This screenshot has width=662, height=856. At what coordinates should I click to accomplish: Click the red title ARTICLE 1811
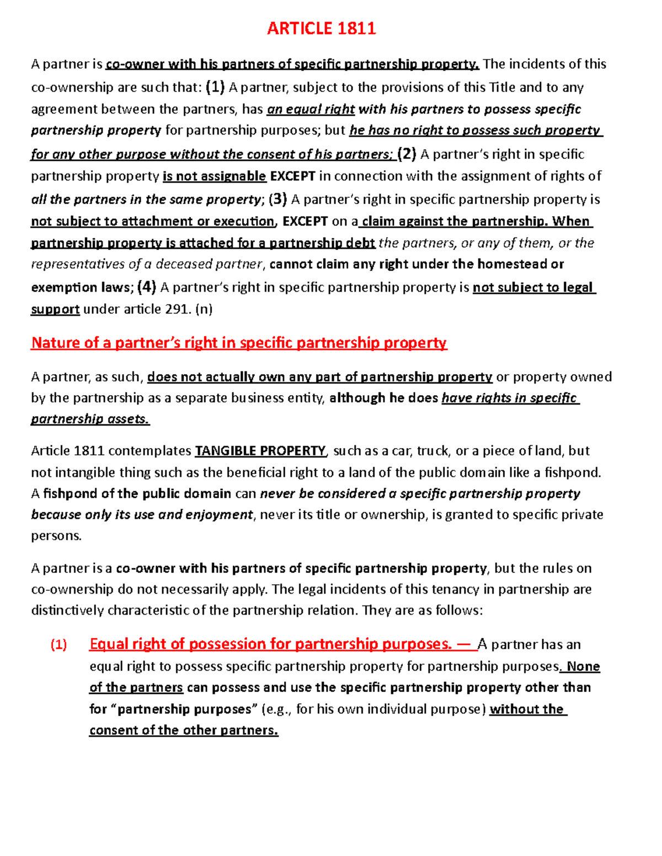321,29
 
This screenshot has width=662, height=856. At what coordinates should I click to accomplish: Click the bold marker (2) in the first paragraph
407,154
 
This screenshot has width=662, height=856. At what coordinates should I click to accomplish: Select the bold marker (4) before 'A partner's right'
147,287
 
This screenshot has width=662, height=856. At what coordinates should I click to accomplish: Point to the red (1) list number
58,645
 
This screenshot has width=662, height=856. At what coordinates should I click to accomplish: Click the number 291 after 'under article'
178,309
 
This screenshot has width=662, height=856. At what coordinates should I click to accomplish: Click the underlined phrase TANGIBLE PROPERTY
260,451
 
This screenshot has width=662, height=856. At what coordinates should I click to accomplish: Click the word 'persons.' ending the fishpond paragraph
56,536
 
